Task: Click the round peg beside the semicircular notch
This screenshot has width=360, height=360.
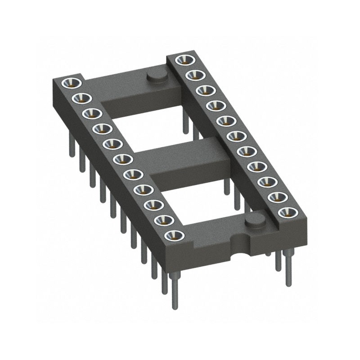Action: (x=256, y=221)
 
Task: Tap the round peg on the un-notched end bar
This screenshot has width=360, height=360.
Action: (x=155, y=76)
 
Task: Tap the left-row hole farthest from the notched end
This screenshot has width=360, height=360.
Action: (x=72, y=82)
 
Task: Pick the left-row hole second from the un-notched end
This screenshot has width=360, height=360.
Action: (x=81, y=97)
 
